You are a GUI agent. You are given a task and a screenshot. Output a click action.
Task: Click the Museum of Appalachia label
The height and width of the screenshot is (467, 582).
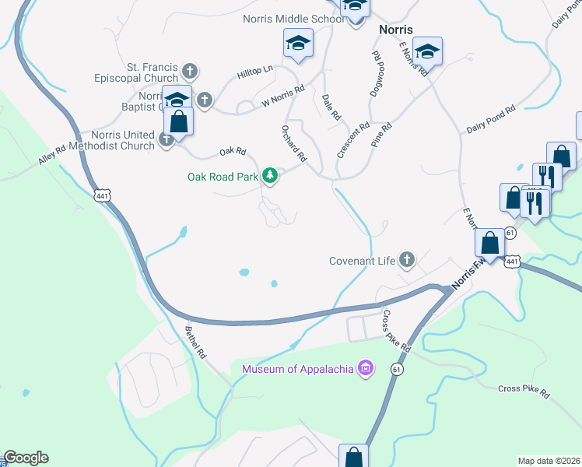298,369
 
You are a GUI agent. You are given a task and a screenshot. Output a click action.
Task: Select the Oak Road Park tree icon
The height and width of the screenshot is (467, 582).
270,176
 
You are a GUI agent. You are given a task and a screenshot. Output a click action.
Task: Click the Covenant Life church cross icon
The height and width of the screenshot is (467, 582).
406,261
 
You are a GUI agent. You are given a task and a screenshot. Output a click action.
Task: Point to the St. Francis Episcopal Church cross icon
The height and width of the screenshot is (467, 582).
188,73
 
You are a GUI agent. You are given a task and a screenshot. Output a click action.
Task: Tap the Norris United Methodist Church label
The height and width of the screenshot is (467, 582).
123,140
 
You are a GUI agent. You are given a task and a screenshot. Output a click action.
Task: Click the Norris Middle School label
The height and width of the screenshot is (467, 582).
292,19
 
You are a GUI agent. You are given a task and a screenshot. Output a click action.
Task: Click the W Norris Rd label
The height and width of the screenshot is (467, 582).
282,97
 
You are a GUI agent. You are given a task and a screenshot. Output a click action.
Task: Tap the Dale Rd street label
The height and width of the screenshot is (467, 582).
331,107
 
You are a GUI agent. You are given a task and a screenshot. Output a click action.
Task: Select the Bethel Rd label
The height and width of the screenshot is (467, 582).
195,342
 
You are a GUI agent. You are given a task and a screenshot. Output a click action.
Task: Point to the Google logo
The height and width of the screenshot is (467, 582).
26,458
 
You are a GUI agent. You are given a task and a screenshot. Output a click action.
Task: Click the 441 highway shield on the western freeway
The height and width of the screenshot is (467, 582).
102,195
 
